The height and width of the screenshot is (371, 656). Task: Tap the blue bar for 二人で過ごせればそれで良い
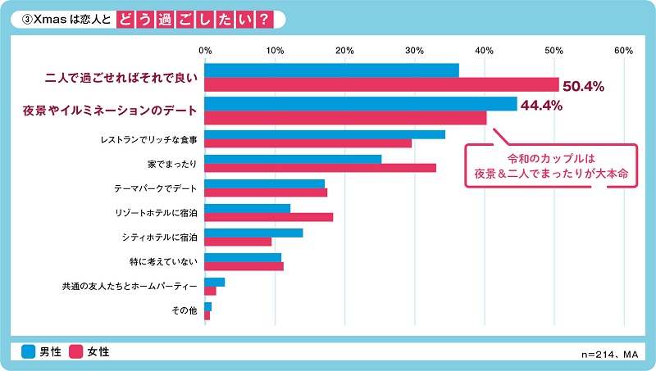331,70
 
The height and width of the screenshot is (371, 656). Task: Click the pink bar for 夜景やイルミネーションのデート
345,118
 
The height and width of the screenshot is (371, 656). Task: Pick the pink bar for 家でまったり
320,168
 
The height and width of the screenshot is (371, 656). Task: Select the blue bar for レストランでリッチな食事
325,134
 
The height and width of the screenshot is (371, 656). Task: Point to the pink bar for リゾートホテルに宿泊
269,217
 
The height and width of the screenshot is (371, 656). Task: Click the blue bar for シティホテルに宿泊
253,233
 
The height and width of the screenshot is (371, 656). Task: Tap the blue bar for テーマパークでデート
264,183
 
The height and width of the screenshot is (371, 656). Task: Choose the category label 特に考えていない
164,261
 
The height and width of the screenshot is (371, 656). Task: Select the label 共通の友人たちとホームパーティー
130,287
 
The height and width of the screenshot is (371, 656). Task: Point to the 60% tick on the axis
623,51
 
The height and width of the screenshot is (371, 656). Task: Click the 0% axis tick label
205,51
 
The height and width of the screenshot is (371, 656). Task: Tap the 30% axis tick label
415,51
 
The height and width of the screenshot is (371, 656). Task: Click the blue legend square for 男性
29,351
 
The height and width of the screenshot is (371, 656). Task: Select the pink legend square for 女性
76,351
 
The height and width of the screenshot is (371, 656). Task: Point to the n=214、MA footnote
608,355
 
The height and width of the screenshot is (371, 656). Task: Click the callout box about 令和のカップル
550,167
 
